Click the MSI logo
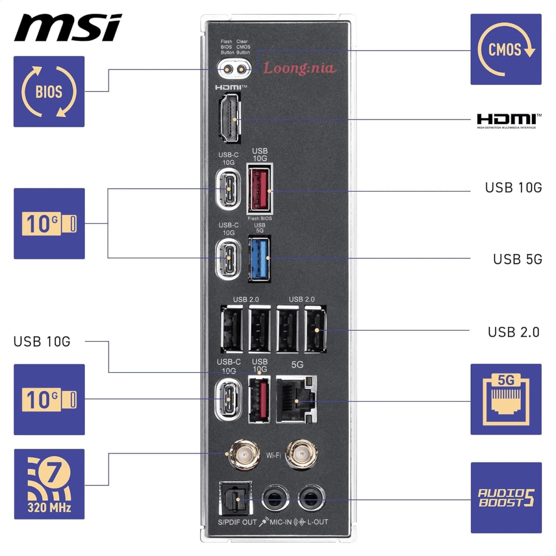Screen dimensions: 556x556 (68, 28)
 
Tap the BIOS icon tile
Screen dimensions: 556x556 (49, 91)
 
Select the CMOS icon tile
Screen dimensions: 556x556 (505, 49)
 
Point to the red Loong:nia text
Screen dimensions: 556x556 (299, 69)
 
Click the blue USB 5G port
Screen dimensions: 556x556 (259, 258)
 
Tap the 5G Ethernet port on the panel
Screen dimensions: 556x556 (297, 399)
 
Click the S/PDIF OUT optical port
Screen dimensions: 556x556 (235, 499)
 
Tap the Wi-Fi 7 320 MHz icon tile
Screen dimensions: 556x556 (49, 484)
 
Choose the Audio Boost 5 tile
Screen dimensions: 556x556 (505, 498)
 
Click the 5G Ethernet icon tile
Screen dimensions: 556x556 (505, 399)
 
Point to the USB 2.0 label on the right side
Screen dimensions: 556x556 (513, 332)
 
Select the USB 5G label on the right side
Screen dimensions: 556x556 (517, 259)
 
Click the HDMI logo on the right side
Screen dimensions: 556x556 (508, 120)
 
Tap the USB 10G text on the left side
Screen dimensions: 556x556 (42, 341)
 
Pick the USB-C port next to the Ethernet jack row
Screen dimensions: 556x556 (228, 399)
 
